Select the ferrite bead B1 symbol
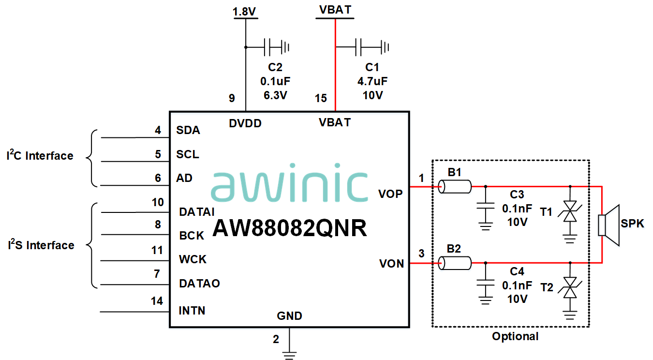click(455, 186)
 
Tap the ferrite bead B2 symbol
click(455, 263)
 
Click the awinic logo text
click(289, 186)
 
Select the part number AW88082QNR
click(289, 228)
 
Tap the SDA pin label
click(188, 130)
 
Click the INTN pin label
click(192, 310)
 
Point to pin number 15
click(321, 99)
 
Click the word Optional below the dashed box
click(515, 336)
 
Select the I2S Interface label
click(41, 245)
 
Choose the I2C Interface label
click(40, 156)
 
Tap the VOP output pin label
click(390, 194)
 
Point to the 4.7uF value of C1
click(372, 81)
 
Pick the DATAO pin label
click(199, 283)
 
